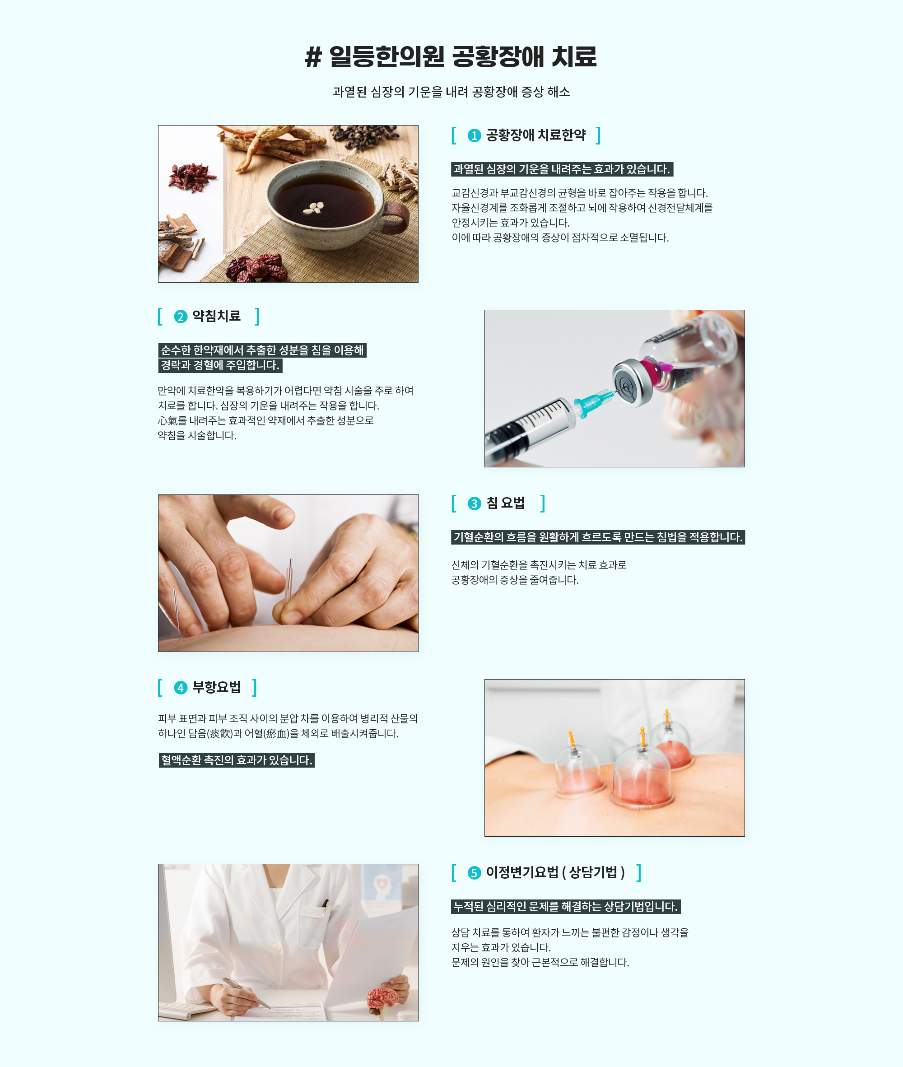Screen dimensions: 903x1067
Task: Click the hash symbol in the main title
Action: [313, 57]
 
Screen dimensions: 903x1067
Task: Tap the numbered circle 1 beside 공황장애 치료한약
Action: [474, 135]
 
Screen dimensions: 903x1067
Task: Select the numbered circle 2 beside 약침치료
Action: [181, 317]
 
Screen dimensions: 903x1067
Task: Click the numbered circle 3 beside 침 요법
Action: [474, 504]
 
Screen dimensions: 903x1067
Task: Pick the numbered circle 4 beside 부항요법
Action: [181, 688]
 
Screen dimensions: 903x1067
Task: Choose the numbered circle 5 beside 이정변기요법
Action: [474, 872]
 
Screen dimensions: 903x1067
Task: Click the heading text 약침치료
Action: [217, 317]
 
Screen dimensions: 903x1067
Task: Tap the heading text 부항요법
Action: [217, 687]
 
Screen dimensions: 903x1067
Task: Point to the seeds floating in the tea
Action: [313, 207]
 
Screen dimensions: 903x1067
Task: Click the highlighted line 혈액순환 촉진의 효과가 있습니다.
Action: [237, 760]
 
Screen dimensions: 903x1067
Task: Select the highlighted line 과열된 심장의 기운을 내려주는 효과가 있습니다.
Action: [562, 169]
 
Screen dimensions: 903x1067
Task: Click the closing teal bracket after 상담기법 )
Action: [639, 872]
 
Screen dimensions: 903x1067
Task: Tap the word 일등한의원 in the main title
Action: [386, 57]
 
